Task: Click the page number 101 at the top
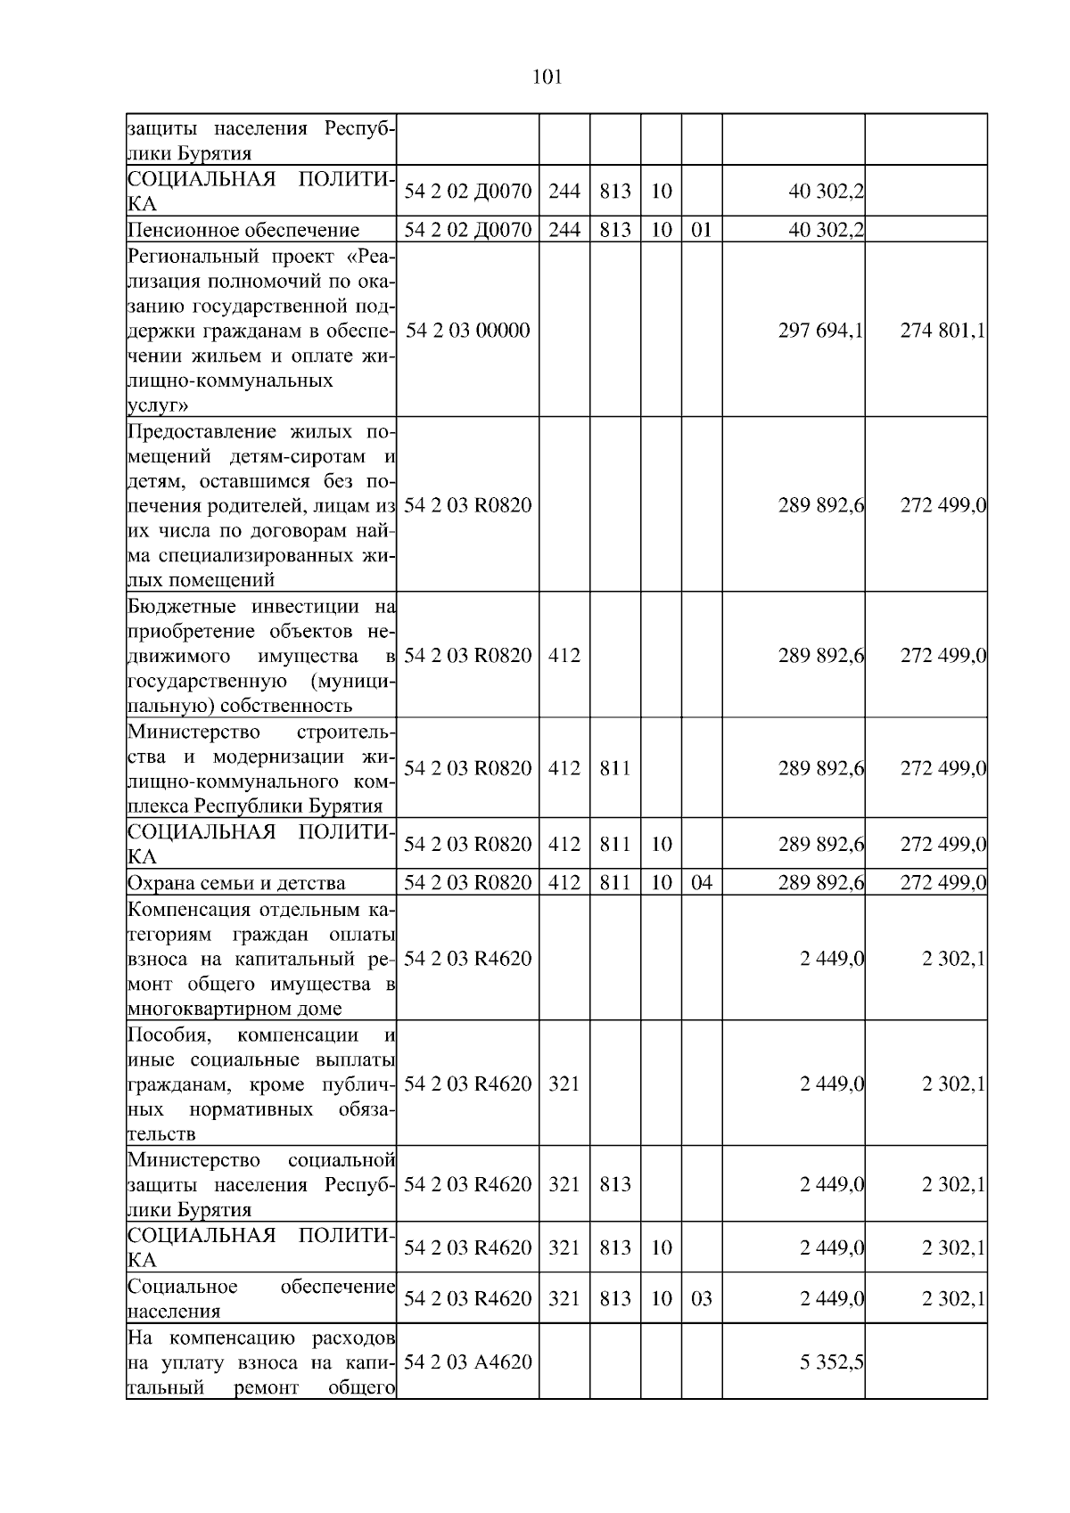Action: (547, 78)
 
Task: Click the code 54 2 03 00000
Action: (467, 331)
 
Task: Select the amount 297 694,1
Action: (820, 331)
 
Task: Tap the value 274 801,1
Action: (942, 331)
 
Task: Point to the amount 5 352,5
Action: (832, 1362)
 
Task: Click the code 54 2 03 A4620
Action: (467, 1362)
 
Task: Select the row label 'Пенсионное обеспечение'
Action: (243, 231)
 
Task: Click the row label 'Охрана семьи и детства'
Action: (236, 883)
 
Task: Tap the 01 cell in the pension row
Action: (702, 230)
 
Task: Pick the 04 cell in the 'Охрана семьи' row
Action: (702, 883)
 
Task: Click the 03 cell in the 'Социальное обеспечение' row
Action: (702, 1298)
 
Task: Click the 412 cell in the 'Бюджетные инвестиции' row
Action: (564, 656)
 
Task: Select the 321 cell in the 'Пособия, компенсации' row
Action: (564, 1084)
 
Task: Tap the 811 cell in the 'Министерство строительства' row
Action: (615, 768)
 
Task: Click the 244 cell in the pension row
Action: (564, 230)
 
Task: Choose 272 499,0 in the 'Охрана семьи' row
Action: (942, 883)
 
